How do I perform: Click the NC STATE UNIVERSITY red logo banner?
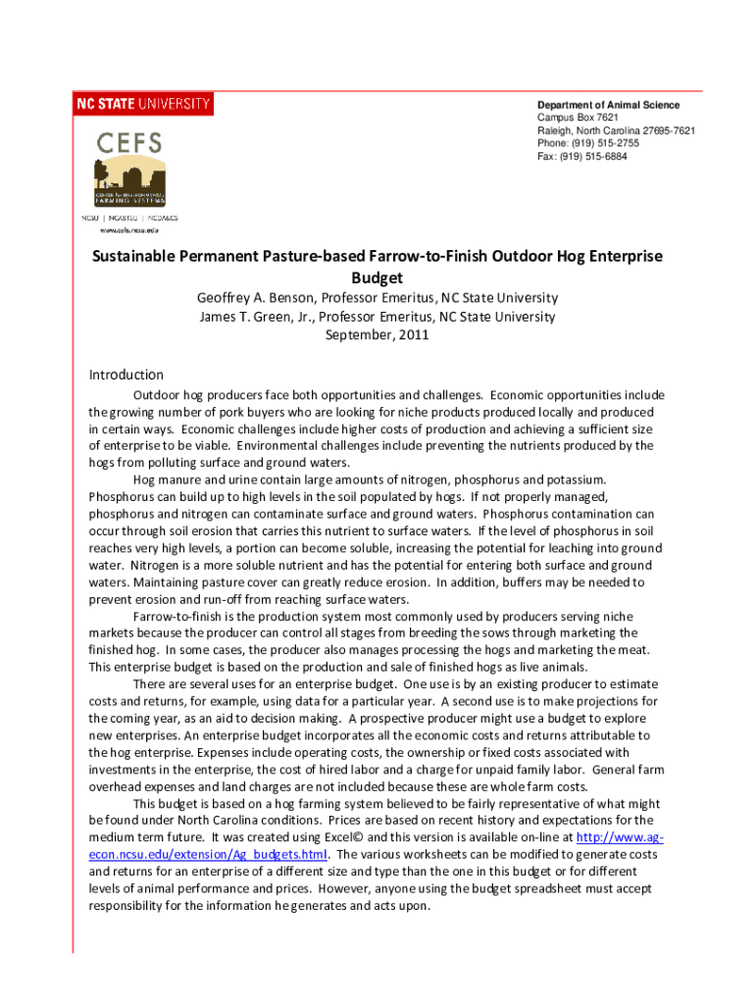coord(143,103)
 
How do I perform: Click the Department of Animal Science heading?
coord(608,105)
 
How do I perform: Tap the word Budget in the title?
coord(377,277)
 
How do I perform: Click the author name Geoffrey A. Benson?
coord(264,298)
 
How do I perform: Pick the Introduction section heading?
coord(126,375)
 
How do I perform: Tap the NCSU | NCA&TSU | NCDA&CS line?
coord(129,217)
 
